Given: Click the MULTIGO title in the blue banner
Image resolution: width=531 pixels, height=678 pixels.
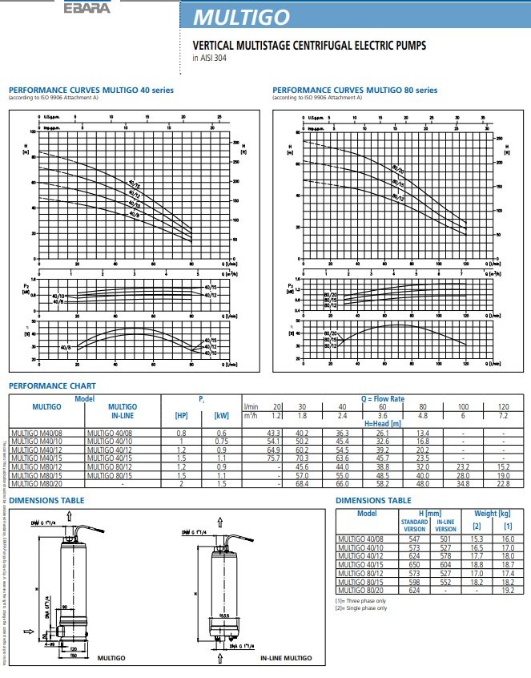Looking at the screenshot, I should (249, 17).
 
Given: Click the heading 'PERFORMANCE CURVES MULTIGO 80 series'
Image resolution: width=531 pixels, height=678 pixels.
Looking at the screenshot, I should (355, 90).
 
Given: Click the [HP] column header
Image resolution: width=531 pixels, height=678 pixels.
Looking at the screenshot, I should (181, 415).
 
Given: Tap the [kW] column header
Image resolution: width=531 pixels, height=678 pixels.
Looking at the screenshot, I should (221, 415).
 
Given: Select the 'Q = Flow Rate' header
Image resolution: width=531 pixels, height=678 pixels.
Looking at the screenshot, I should (382, 398).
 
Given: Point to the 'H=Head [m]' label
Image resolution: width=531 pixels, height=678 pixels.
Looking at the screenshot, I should (383, 422).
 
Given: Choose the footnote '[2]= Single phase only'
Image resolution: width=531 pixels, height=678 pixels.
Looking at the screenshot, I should (360, 607).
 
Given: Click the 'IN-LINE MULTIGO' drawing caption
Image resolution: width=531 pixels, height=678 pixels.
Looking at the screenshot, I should (286, 657).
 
